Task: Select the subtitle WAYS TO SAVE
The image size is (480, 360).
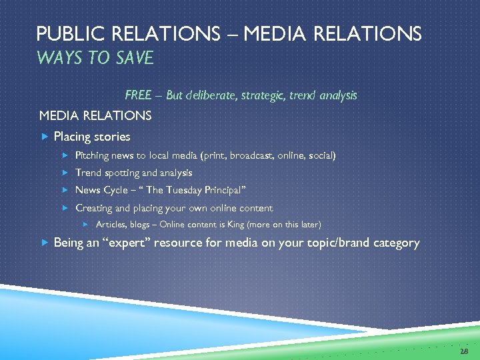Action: (x=95, y=59)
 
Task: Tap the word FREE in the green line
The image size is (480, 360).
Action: (x=138, y=95)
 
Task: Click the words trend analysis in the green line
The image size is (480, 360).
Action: (x=323, y=95)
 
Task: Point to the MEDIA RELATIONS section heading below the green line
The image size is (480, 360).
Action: (x=95, y=115)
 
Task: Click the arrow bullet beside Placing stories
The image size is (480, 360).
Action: (x=44, y=137)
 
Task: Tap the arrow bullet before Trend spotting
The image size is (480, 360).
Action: (x=65, y=173)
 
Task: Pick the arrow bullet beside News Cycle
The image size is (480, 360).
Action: (x=65, y=191)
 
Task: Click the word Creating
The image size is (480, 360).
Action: (x=93, y=208)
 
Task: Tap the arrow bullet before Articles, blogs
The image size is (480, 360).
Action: (x=85, y=225)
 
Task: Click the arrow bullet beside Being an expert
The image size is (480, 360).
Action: (x=44, y=243)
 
